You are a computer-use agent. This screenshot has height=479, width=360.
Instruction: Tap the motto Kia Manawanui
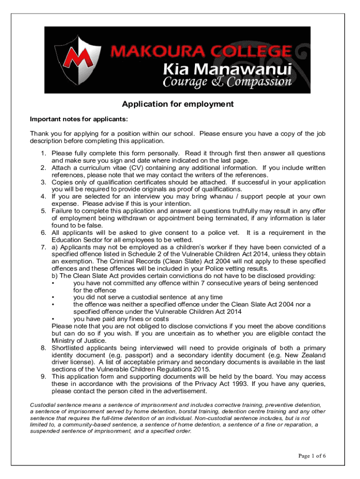(x=227, y=69)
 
